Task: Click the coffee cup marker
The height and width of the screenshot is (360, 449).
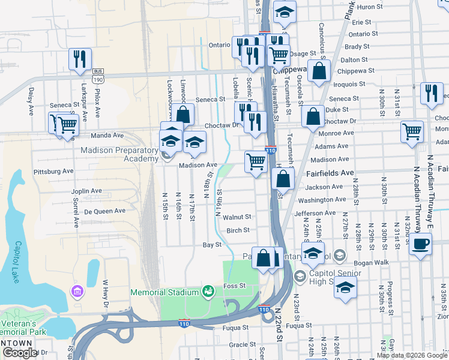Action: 421,244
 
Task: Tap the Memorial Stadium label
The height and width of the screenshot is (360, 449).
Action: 164,292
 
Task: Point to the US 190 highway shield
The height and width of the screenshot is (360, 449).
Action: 98,78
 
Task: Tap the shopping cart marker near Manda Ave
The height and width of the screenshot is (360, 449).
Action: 67,125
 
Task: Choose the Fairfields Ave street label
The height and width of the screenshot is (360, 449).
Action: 330,173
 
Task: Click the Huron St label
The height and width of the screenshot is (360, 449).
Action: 369,7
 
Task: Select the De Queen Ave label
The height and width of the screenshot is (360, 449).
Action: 104,211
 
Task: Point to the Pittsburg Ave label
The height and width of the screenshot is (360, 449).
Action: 53,171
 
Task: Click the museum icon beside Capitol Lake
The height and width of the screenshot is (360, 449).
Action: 77,292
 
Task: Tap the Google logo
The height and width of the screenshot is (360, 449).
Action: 20,353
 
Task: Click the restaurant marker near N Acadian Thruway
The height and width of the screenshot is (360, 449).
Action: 432,93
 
